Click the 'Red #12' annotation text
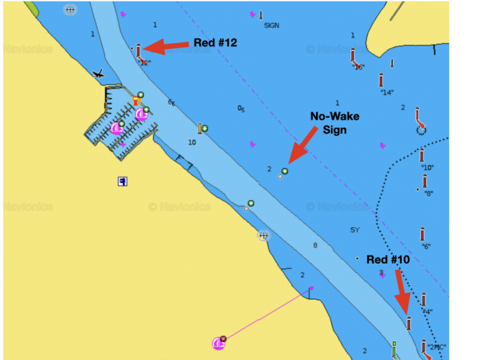point(215,43)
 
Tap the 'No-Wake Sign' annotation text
point(334,122)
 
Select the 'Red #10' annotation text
point(388,259)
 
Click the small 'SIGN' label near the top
point(271,25)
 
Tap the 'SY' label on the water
point(354,230)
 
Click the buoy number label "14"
point(386,92)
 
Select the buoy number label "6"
point(426,246)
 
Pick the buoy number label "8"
point(429,193)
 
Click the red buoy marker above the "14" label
point(381,79)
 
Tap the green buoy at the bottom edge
point(394,349)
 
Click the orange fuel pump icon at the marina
point(135,101)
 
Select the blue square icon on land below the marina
point(123,181)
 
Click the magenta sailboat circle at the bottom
point(219,343)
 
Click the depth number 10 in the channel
point(191,143)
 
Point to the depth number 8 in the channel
point(314,246)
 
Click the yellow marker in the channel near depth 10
point(201,129)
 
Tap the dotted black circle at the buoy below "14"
point(421,129)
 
